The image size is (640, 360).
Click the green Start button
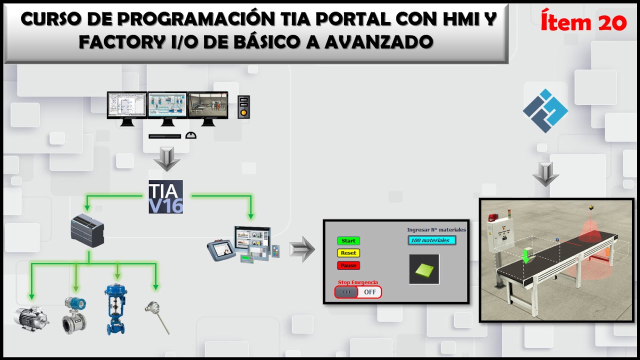tap(348, 241)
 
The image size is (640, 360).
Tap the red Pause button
tap(348, 265)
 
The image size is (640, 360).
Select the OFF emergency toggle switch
tap(358, 292)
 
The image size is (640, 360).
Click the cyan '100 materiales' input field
tap(431, 240)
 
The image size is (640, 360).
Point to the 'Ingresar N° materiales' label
tap(436, 230)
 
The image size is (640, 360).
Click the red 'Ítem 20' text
tap(583, 22)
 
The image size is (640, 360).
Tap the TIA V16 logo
tap(165, 196)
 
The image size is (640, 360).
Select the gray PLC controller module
tap(87, 230)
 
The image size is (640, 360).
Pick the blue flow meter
tap(74, 315)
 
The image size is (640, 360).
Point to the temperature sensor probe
tap(157, 317)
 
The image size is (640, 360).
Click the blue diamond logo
tap(545, 110)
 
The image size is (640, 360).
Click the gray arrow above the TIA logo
tap(165, 158)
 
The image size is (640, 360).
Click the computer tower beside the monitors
tap(243, 106)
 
